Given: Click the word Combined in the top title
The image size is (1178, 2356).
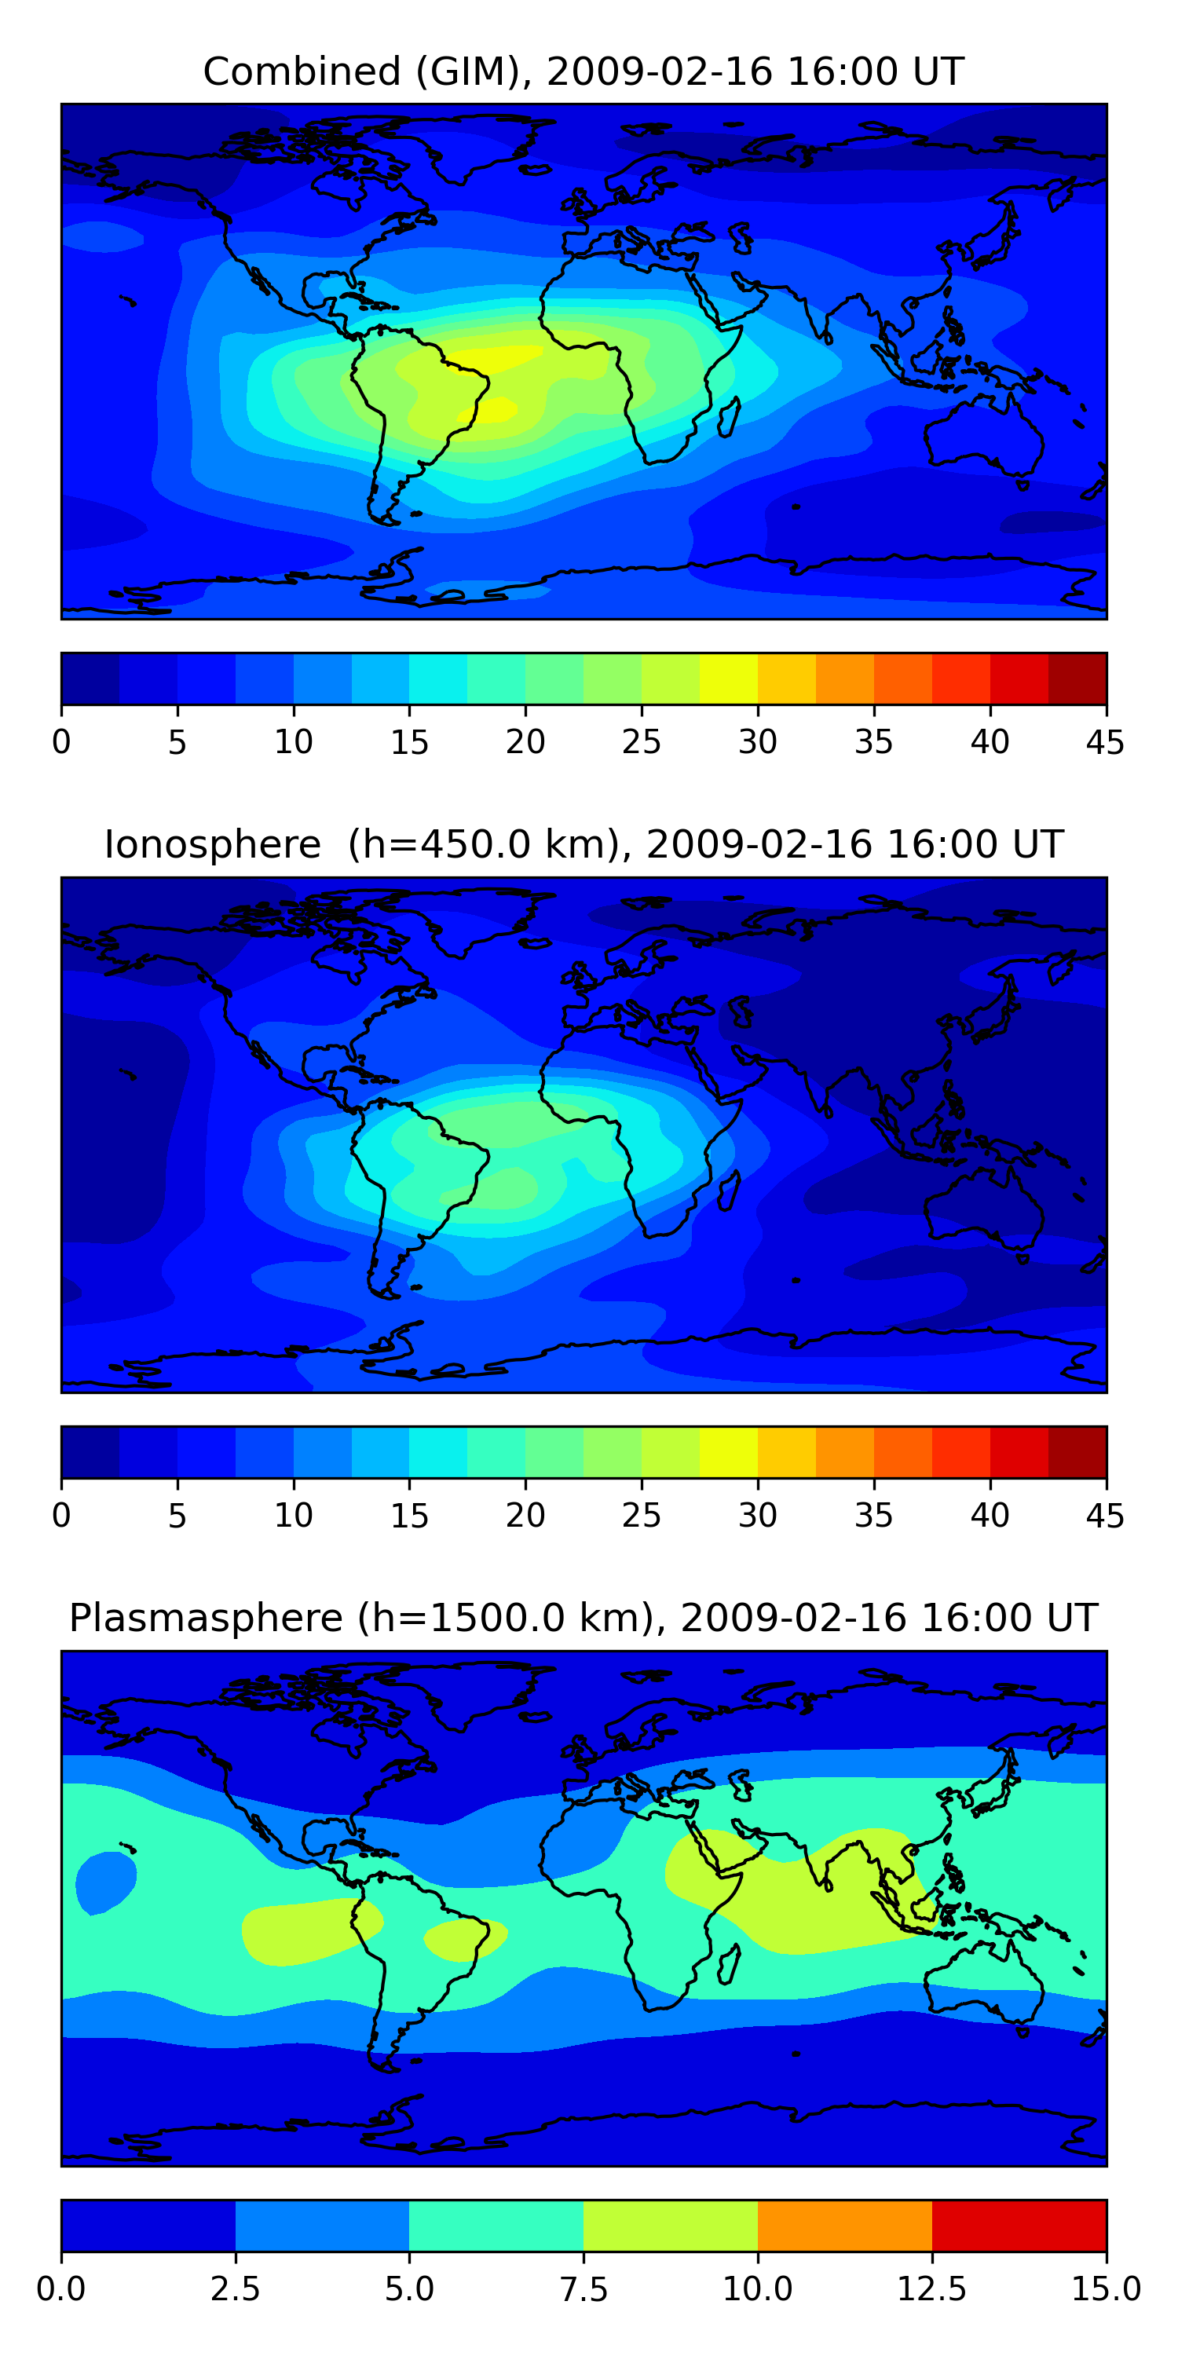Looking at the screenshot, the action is pos(302,71).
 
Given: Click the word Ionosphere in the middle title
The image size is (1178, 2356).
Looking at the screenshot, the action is pos(212,844).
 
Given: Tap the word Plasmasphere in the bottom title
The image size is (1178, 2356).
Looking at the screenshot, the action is pos(206,1619).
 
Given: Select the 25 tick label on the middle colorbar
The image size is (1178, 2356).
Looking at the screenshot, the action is pos(641,1516).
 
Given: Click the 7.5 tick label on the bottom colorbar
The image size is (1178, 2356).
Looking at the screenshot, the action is pos(584,2290).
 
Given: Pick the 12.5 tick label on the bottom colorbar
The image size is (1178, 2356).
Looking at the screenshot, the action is pos(932,2290).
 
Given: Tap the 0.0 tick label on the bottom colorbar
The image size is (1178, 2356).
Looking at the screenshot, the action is pos(61,2290).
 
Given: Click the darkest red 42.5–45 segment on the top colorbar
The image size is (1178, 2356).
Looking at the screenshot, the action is pos(1077,679).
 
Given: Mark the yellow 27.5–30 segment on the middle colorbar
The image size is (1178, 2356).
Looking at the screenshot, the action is pos(729,1452).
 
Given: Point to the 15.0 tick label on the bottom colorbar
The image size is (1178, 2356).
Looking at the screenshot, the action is pos(1107,2290).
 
